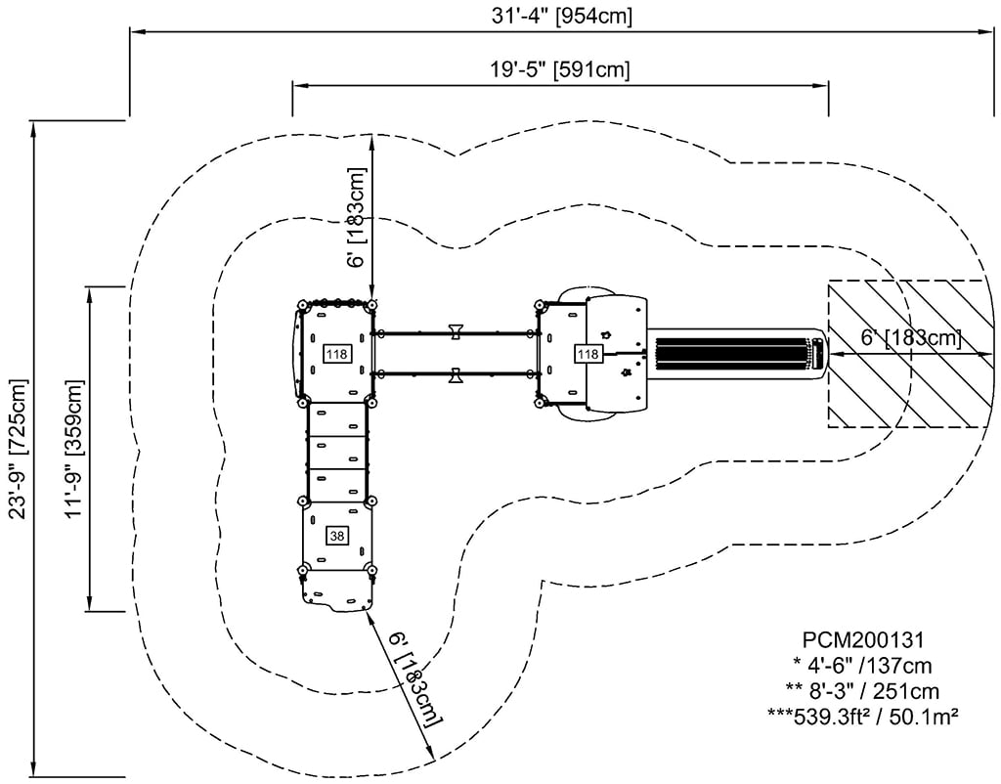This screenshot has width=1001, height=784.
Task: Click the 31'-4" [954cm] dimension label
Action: pyautogui.click(x=562, y=16)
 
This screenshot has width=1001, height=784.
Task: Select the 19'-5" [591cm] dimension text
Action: pyautogui.click(x=560, y=68)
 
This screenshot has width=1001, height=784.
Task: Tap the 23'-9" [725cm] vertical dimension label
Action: pyautogui.click(x=19, y=449)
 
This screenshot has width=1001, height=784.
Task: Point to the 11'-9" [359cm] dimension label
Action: pyautogui.click(x=74, y=449)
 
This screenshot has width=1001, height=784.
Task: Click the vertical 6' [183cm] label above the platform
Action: pyautogui.click(x=358, y=217)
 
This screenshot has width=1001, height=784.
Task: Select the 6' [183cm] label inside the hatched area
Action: pyautogui.click(x=912, y=337)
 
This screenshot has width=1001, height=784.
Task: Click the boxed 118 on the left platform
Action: pyautogui.click(x=336, y=354)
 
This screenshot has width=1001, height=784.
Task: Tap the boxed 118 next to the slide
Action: pyautogui.click(x=588, y=354)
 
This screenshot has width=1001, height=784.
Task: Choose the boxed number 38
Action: pyautogui.click(x=337, y=537)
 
